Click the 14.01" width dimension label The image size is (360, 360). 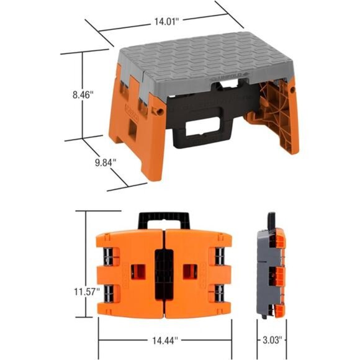(x=166, y=20)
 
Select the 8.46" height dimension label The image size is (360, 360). (x=81, y=95)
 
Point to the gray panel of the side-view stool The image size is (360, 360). (x=263, y=273)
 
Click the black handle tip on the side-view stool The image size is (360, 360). (x=271, y=220)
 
